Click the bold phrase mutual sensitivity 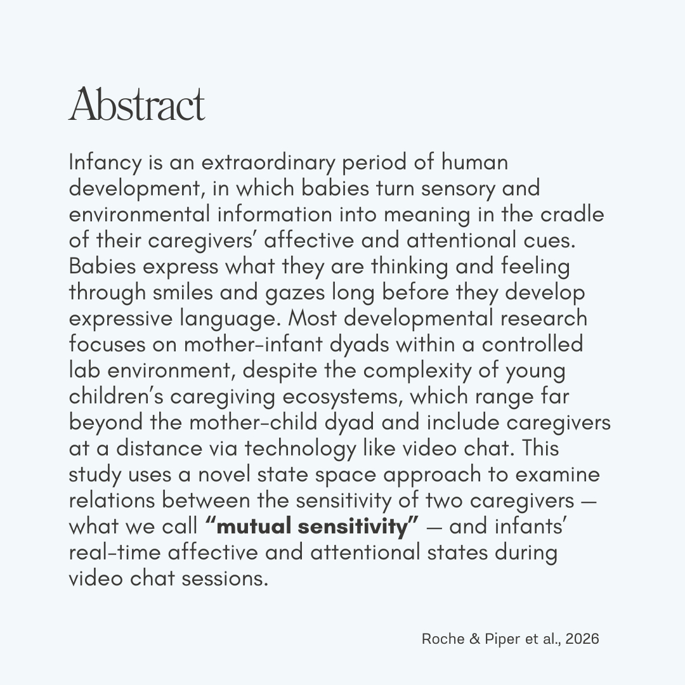[312, 526]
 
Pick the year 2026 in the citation [582, 639]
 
